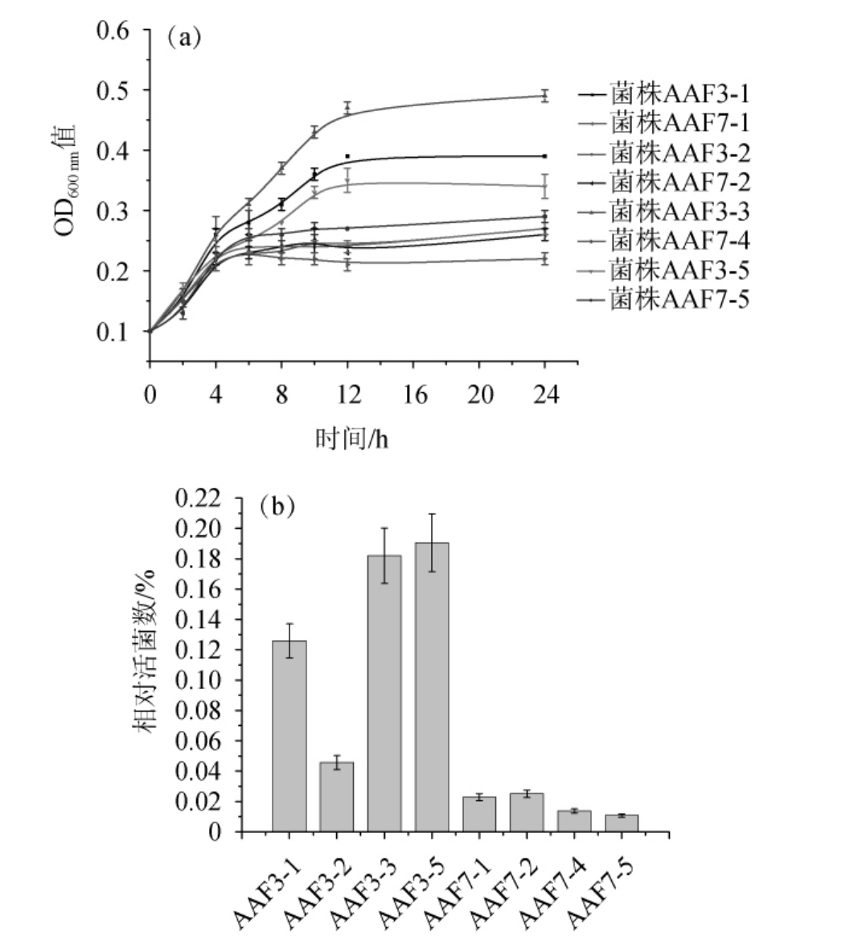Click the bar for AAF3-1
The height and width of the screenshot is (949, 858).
[289, 736]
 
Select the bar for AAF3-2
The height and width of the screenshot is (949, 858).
[336, 796]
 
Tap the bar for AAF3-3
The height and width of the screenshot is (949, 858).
[384, 693]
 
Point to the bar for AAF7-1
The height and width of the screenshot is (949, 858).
[479, 814]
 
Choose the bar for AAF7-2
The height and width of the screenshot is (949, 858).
[527, 812]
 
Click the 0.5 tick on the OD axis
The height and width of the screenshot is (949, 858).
[113, 90]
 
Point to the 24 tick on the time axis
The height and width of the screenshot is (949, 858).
[544, 395]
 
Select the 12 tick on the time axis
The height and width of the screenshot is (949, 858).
[347, 395]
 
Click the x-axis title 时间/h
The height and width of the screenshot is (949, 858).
[351, 439]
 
